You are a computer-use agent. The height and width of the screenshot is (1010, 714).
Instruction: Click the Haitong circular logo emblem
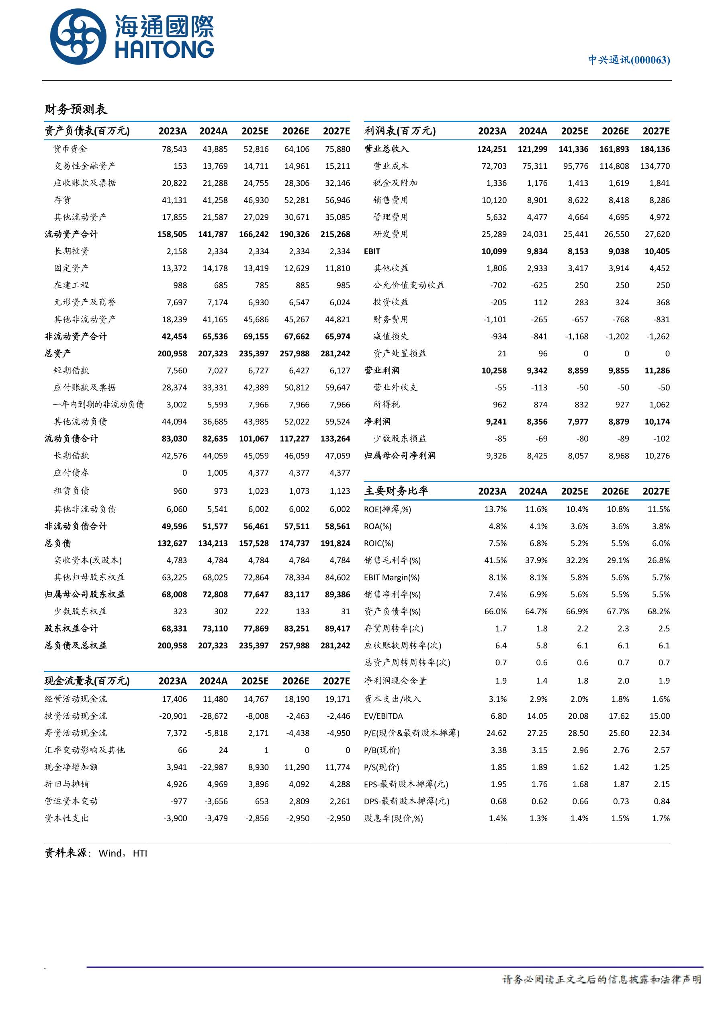[x=78, y=37]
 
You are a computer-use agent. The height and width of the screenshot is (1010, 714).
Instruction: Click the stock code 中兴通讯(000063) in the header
[x=629, y=60]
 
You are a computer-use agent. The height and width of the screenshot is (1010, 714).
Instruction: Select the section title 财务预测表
[x=76, y=109]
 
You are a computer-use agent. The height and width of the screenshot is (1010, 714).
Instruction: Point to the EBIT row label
[x=372, y=251]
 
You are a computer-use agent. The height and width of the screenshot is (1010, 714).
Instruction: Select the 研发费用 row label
[x=390, y=235]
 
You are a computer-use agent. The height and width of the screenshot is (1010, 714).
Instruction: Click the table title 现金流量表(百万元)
[x=87, y=681]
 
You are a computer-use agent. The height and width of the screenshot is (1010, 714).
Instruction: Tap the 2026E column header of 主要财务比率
[x=615, y=491]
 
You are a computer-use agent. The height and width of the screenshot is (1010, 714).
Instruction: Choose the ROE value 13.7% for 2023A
[x=495, y=509]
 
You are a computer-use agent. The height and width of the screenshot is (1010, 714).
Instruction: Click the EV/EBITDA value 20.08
[x=578, y=716]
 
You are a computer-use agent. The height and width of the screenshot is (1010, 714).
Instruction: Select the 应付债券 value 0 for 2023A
[x=184, y=473]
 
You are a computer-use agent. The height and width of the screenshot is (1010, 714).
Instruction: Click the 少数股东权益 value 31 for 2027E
[x=345, y=611]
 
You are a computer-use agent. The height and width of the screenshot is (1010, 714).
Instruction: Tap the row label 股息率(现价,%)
[x=393, y=819]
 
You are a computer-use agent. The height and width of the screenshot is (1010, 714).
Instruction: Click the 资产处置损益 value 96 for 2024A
[x=542, y=354]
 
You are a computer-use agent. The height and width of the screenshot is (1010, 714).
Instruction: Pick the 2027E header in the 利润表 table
[x=655, y=131]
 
